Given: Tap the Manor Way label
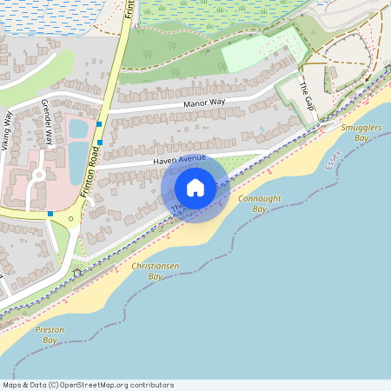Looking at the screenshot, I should point(203,103).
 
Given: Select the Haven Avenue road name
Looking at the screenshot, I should point(179,159).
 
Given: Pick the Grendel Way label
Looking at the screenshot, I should point(48,122).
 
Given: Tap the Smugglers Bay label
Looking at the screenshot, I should point(361,132).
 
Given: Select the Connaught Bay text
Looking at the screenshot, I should point(259,203).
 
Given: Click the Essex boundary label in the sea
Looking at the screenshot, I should point(334,159).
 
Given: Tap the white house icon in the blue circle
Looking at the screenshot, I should point(195,188).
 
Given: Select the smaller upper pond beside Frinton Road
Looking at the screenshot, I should point(77,129).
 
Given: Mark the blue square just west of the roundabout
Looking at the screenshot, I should point(50,213).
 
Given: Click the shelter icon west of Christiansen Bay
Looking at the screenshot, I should point(76,272).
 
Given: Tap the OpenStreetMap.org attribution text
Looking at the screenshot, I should point(88,385).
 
